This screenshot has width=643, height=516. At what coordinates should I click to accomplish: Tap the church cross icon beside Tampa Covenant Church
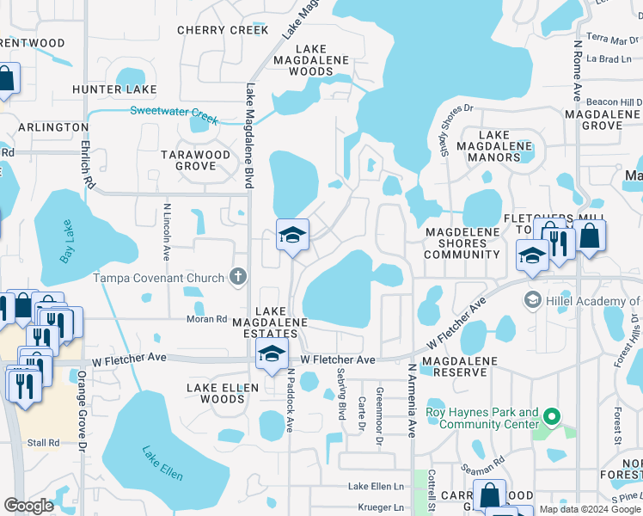[239, 278]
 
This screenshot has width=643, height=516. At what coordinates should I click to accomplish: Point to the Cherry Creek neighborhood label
[223, 30]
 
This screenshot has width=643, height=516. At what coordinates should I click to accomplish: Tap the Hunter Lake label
[114, 89]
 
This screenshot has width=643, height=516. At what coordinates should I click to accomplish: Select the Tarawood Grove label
[196, 160]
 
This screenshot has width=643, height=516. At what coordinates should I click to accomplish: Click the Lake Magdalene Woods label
[311, 60]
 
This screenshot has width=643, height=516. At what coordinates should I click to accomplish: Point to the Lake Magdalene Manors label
[505, 146]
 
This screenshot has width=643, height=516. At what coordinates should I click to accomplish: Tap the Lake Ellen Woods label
[223, 393]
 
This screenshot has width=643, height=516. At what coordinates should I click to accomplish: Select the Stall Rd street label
[42, 443]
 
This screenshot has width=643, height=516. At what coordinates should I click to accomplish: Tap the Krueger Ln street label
[376, 507]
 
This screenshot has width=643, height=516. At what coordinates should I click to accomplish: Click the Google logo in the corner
[28, 505]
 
